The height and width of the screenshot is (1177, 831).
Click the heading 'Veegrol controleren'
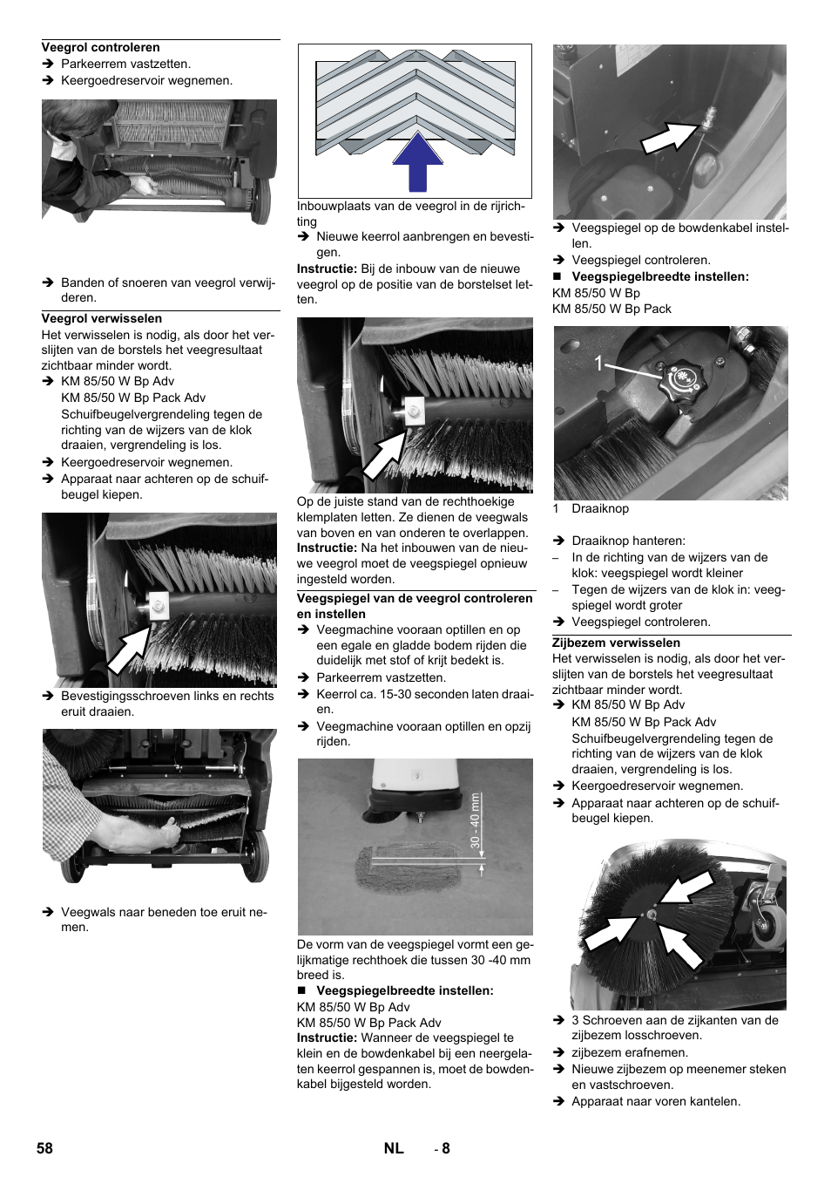coord(100,48)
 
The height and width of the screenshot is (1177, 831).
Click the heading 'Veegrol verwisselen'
coord(101,319)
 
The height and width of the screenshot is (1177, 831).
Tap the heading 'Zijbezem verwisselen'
coord(616,643)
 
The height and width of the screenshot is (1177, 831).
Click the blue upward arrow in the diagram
coord(417,161)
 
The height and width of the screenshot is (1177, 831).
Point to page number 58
coord(44,1148)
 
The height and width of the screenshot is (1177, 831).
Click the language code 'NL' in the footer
coord(394,1148)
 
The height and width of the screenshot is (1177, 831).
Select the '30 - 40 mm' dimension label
coord(475,820)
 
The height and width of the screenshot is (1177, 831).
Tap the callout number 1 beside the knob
coord(598,364)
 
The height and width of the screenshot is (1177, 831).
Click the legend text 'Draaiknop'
coord(599,509)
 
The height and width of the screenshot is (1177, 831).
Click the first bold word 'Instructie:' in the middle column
coord(327,269)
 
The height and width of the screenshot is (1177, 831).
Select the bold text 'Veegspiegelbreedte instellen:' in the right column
coord(659,277)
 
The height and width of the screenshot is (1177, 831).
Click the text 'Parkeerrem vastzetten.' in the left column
coord(125,65)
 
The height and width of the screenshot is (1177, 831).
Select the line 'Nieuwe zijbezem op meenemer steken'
coord(678,1070)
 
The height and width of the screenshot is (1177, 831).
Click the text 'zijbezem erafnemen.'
coord(629,1053)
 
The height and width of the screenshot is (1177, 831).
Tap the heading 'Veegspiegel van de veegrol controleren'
coord(414,599)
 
